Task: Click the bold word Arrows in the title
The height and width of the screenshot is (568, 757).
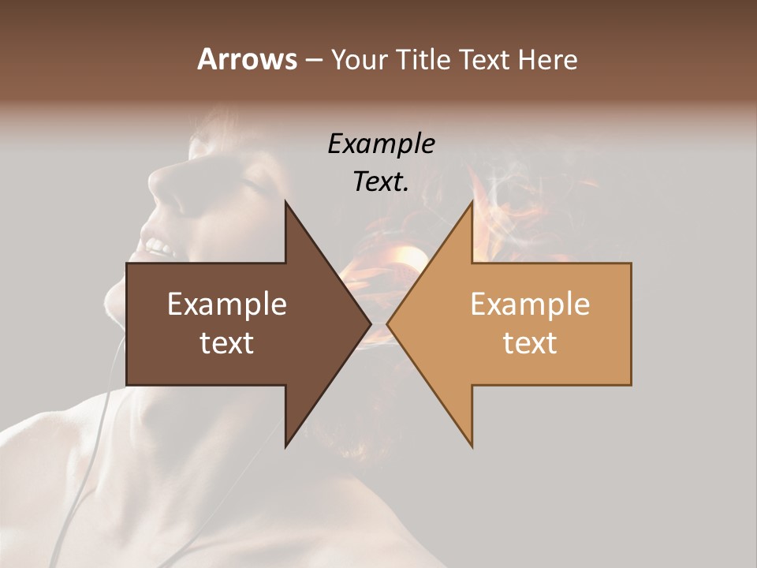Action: click(x=246, y=60)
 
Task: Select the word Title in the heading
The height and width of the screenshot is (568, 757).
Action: click(x=424, y=60)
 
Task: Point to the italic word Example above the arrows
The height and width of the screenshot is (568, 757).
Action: click(x=381, y=144)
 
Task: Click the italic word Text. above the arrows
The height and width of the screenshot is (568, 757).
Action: click(x=381, y=181)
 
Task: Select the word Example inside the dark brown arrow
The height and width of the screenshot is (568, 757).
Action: click(x=227, y=305)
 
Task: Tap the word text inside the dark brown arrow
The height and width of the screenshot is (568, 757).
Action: click(x=227, y=342)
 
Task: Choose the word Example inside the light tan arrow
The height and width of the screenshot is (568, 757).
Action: click(x=530, y=305)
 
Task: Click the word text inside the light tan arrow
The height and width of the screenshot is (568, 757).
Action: click(x=530, y=342)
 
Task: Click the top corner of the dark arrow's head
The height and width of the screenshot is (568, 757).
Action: click(x=286, y=203)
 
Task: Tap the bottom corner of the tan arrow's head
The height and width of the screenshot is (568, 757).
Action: click(x=472, y=446)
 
